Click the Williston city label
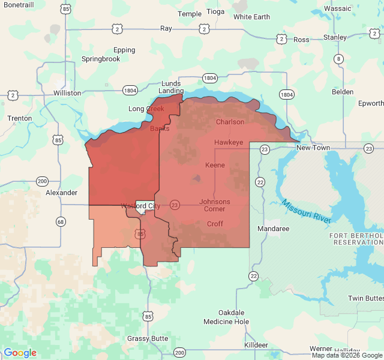67,93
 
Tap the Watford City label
140,206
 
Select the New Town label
313,148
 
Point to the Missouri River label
306,212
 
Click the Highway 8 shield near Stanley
339,59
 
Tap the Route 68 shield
61,222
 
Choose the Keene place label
215,165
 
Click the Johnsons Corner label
215,205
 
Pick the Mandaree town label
273,229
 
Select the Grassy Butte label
148,338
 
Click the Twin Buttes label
365,298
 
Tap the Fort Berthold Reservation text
356,238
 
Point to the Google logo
20,353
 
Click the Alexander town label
62,193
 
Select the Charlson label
230,122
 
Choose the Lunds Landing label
171,87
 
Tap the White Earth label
251,17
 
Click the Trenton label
20,118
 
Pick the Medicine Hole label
226,322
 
